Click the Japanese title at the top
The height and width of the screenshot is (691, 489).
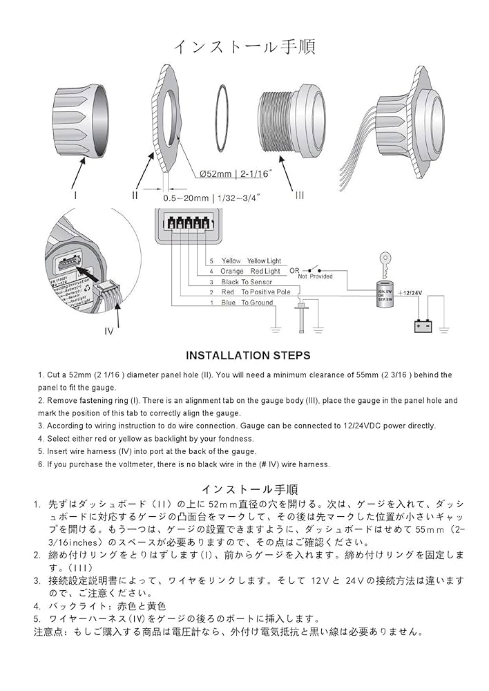(244, 46)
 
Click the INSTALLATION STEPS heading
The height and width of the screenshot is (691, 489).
(248, 355)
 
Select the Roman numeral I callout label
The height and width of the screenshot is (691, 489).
(76, 196)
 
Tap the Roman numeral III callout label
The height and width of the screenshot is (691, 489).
(299, 196)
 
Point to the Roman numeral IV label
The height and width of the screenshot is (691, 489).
(108, 331)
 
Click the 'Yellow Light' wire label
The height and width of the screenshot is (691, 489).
(264, 261)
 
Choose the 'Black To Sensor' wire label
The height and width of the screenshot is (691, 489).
(247, 282)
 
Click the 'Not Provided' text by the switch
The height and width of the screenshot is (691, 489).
(315, 276)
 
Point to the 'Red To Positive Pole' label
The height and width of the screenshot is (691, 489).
(256, 292)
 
